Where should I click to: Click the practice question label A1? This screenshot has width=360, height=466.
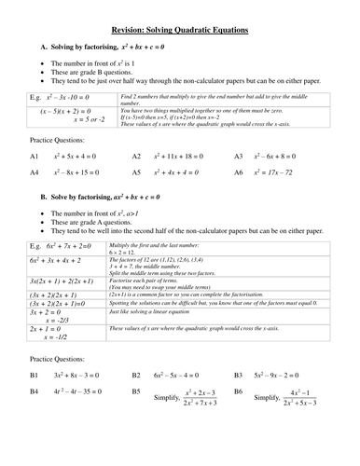click(x=35, y=157)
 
